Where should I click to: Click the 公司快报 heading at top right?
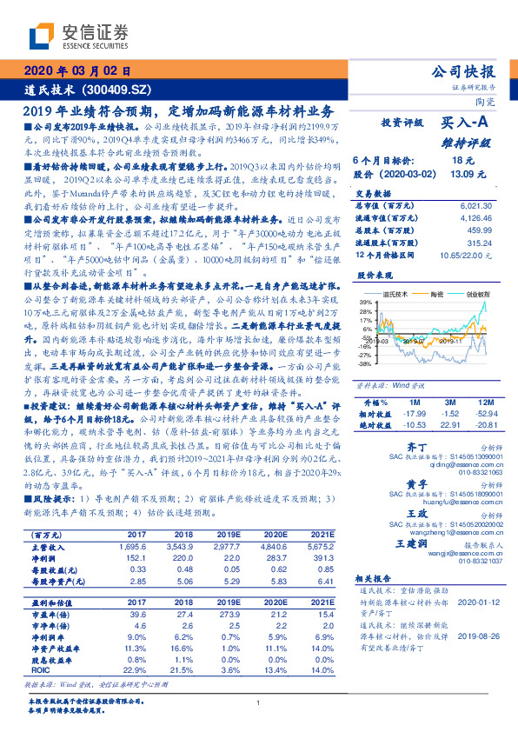click(x=464, y=71)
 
